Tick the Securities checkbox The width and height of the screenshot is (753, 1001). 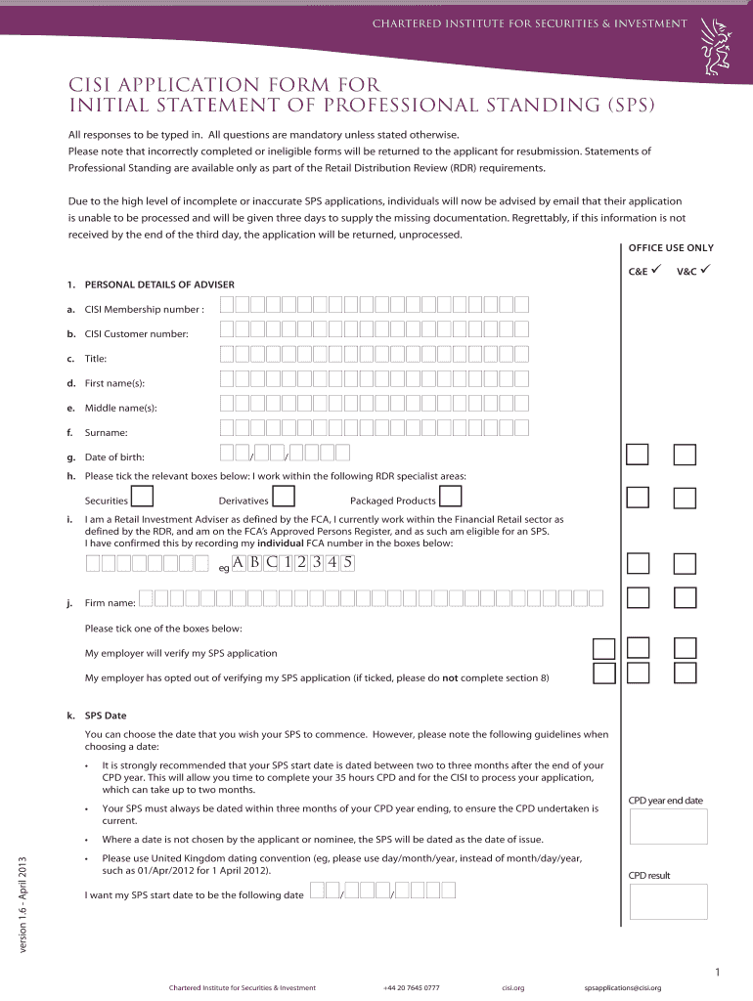pyautogui.click(x=142, y=498)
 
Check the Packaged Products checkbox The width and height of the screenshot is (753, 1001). pyautogui.click(x=451, y=498)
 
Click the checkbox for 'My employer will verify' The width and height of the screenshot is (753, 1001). pyautogui.click(x=604, y=649)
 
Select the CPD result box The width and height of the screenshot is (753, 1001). pyautogui.click(x=668, y=901)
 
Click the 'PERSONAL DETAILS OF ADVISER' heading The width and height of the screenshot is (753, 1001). pyautogui.click(x=159, y=284)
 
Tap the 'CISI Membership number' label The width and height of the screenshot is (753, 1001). pyautogui.click(x=145, y=310)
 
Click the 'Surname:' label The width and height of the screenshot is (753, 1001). pyautogui.click(x=107, y=432)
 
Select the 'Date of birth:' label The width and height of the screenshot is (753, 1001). pyautogui.click(x=120, y=457)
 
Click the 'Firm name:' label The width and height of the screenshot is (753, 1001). pyautogui.click(x=110, y=603)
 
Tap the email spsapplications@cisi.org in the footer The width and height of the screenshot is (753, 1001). pyautogui.click(x=622, y=987)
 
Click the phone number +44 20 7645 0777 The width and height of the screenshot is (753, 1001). pyautogui.click(x=412, y=987)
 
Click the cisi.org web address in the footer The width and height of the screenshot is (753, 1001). pyautogui.click(x=513, y=987)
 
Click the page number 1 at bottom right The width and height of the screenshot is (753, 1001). pyautogui.click(x=717, y=972)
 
